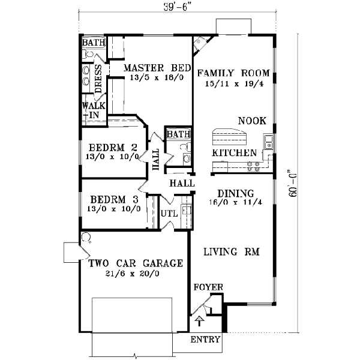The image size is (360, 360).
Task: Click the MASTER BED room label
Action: [x=158, y=68]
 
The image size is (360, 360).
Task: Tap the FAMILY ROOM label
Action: [x=233, y=73]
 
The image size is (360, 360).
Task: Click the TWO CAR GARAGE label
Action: [x=136, y=263]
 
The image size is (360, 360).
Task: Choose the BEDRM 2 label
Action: [x=113, y=148]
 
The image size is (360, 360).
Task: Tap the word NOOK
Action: [x=252, y=121]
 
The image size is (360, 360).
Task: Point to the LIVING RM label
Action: [x=231, y=253]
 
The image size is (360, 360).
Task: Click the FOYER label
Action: [x=208, y=287]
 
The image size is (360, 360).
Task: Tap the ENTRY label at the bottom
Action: [x=205, y=340]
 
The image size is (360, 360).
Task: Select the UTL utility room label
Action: [x=167, y=214]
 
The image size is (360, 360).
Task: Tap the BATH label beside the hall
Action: [x=178, y=134]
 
